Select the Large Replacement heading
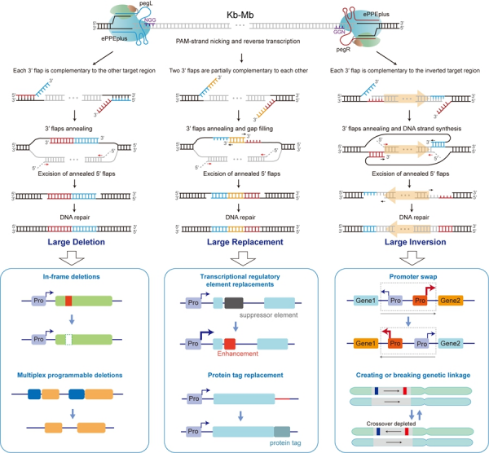243,241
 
